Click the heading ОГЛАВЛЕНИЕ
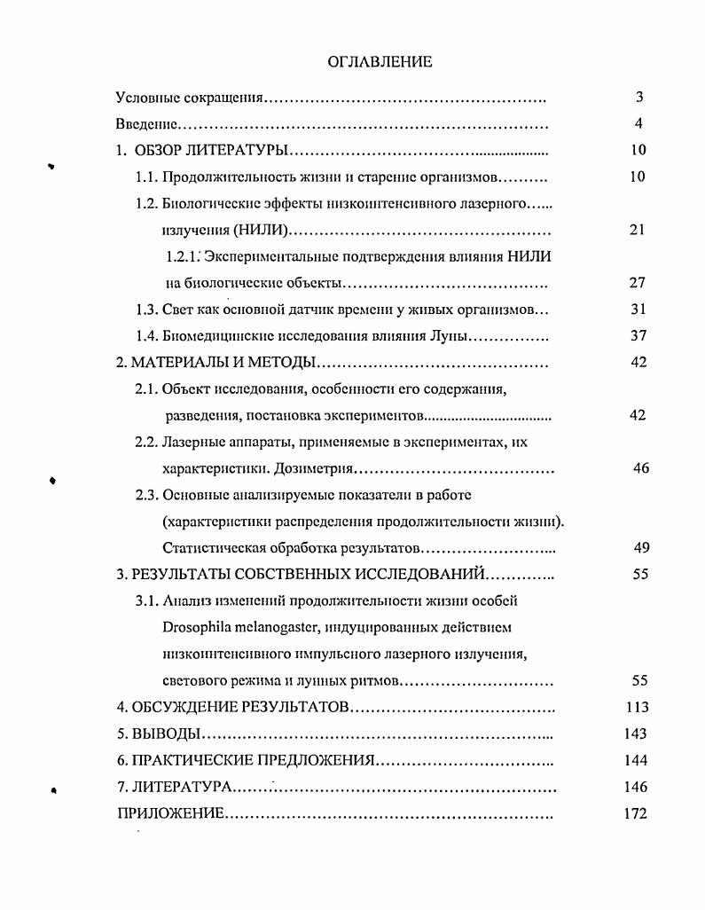point(380,61)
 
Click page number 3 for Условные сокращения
point(638,98)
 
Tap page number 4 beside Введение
point(638,124)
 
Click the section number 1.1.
point(146,177)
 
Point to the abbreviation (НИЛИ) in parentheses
point(262,231)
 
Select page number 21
point(638,230)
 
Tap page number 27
point(638,283)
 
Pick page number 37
point(638,336)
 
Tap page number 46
point(641,468)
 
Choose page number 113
point(637,708)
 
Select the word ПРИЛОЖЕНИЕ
point(170,814)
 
